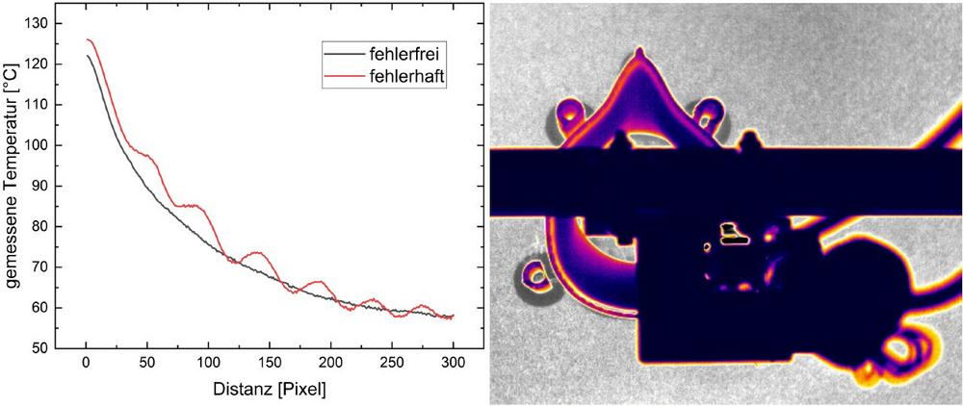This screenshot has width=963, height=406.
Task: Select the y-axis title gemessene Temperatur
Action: (16, 183)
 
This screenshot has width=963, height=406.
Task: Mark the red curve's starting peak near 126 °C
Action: (89, 39)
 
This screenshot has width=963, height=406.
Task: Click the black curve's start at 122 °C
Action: (87, 56)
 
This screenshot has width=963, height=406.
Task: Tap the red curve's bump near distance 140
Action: (257, 252)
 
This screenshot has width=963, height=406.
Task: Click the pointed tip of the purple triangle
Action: (639, 49)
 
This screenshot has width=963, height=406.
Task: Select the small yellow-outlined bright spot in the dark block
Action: (733, 230)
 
